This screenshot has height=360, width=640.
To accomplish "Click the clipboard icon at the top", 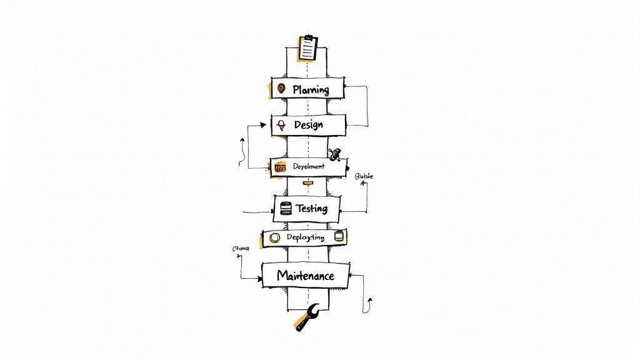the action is click(x=307, y=48).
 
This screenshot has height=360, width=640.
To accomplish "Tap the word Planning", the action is click(x=311, y=89).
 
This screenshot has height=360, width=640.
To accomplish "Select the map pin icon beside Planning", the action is click(x=281, y=89).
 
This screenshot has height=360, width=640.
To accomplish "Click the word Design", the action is click(x=308, y=124).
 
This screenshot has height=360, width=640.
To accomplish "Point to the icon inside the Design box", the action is click(x=282, y=124).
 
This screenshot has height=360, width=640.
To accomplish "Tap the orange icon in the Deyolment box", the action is click(x=280, y=167).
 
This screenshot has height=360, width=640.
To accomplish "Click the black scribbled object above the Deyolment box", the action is click(x=336, y=153).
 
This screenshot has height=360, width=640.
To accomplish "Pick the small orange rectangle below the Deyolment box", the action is click(x=307, y=183).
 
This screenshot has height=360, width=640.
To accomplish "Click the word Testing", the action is click(x=311, y=208).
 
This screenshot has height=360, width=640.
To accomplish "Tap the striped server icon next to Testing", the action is click(x=286, y=209).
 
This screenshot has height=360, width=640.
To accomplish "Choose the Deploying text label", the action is click(x=305, y=237).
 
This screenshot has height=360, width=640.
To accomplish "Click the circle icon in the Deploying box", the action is click(x=274, y=237).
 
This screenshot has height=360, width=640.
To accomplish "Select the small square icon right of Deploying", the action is click(x=339, y=236).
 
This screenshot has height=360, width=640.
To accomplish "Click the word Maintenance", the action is click(x=305, y=276).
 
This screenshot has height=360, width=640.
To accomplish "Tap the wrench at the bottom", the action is click(x=307, y=317).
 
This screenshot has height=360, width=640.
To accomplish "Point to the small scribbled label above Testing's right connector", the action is click(x=363, y=177).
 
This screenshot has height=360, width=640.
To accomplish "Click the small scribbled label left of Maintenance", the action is click(x=241, y=249).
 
